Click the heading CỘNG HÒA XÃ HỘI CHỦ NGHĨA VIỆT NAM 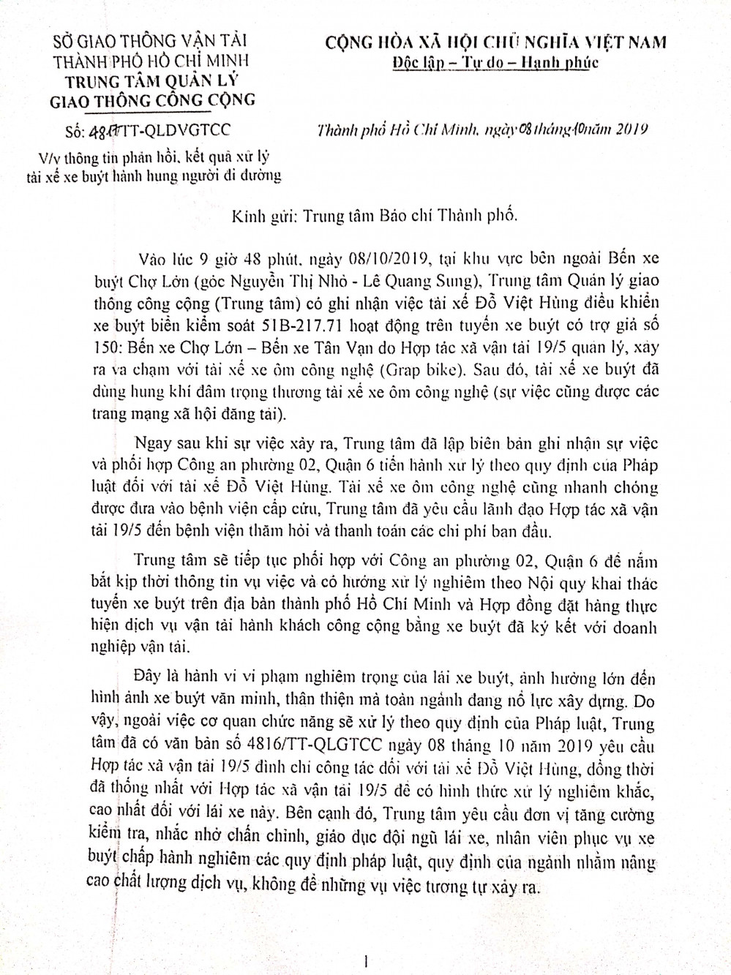[495, 42]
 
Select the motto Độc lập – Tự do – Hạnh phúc [495, 62]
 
